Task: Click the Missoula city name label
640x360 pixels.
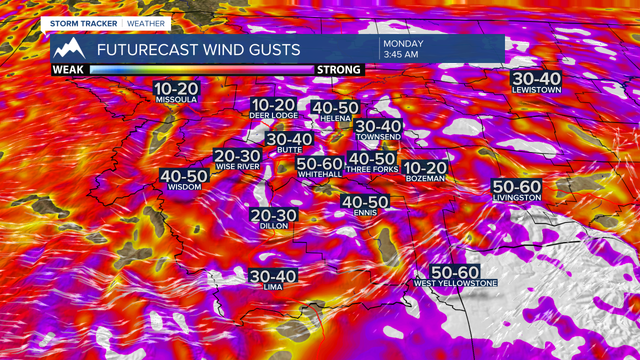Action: coord(176,99)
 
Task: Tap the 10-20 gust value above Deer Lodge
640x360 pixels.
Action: coord(273,105)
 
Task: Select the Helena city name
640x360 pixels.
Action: coord(335,118)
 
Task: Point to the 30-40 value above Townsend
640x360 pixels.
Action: coord(378,126)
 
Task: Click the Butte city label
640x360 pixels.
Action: coord(289,149)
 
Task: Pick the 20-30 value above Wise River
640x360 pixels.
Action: coord(237,156)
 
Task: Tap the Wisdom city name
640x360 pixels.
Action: coord(184,187)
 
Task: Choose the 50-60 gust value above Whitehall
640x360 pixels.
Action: coord(320,163)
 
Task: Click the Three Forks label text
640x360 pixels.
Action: coord(372,169)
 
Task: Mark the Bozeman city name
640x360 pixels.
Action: coord(424,178)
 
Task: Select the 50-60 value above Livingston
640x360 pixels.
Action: coord(517,187)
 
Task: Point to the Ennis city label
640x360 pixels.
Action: coord(364,212)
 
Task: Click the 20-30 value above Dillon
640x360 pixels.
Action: coord(274,215)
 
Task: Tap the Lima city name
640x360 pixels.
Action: coord(273,286)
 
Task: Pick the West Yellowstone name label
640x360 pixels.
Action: coord(455,283)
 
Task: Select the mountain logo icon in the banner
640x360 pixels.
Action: coord(69,48)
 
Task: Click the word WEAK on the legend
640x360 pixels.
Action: coord(68,69)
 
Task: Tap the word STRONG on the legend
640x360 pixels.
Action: coord(338,69)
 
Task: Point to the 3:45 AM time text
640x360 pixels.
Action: coord(400,54)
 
